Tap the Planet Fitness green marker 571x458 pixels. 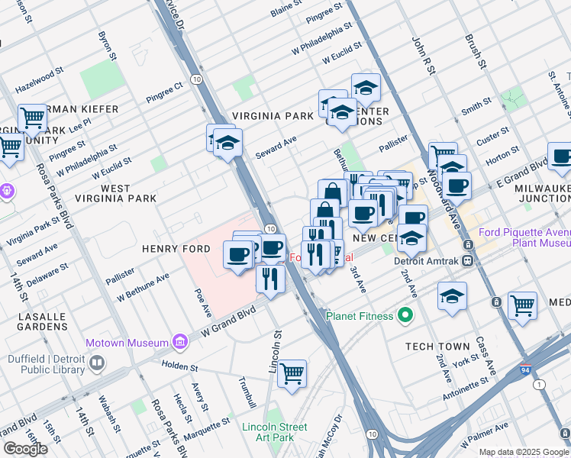click(x=405, y=315)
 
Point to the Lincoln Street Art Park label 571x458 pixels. click(x=274, y=432)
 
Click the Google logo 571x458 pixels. click(x=25, y=449)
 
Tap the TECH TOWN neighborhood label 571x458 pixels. click(x=437, y=347)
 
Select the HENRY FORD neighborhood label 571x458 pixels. click(x=170, y=249)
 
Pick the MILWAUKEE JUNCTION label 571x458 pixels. click(x=537, y=193)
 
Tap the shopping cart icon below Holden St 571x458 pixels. click(x=292, y=374)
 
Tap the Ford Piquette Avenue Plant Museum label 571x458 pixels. click(x=524, y=237)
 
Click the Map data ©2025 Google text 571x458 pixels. click(x=524, y=452)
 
